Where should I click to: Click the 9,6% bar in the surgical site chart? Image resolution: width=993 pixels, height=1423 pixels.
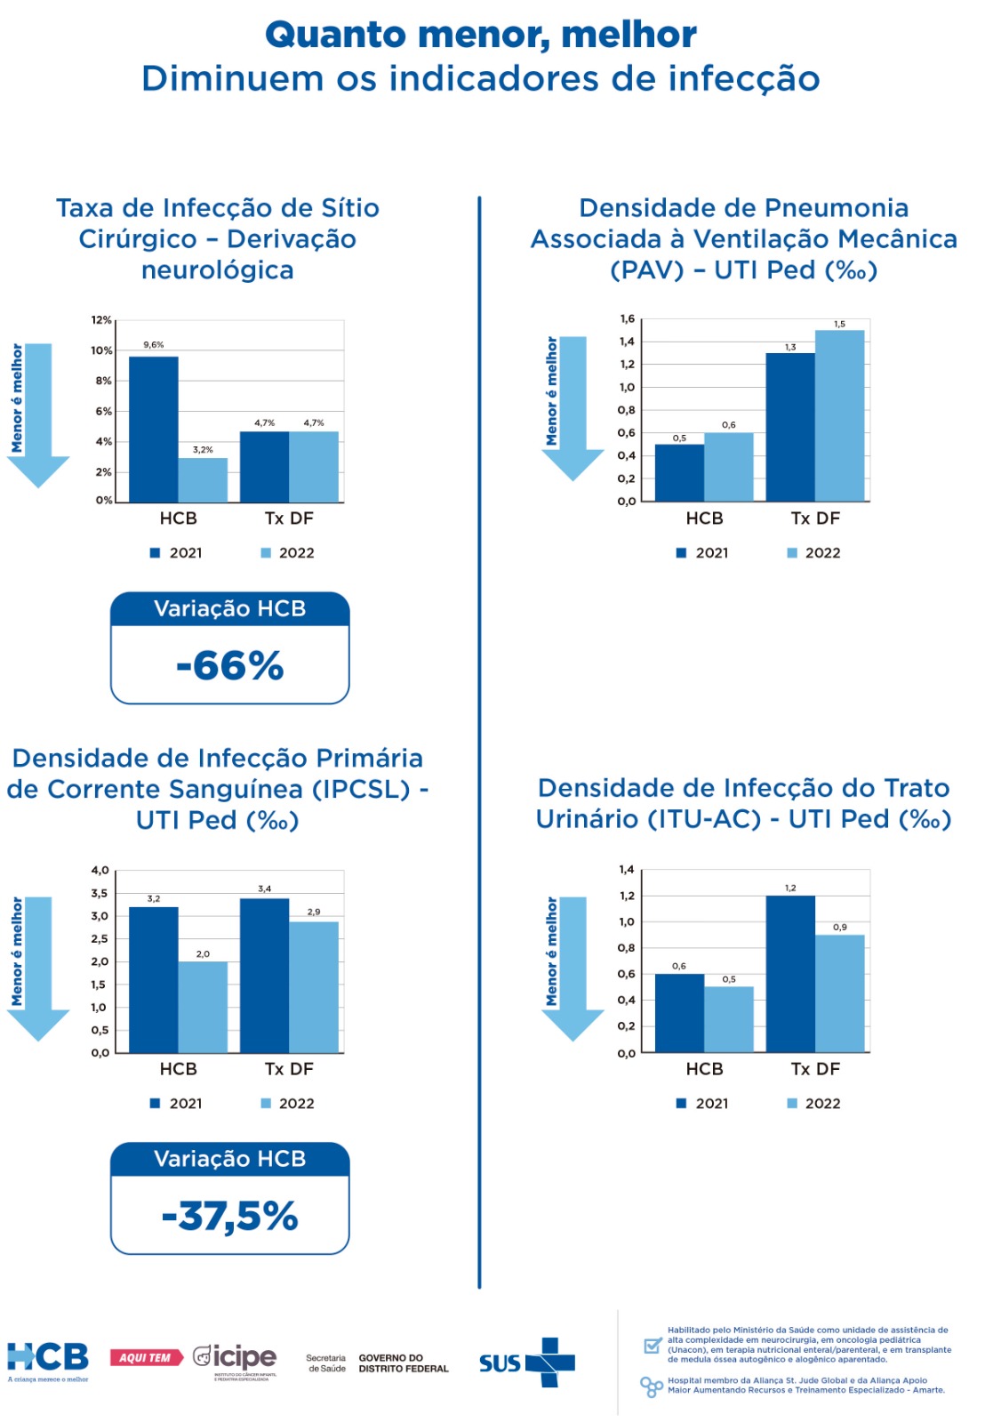tap(154, 429)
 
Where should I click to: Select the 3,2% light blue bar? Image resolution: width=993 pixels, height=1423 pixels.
tap(203, 479)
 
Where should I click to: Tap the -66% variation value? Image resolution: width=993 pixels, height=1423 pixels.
tap(230, 665)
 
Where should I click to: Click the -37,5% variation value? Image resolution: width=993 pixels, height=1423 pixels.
tap(230, 1216)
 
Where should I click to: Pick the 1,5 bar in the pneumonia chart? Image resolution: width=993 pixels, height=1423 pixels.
tap(839, 415)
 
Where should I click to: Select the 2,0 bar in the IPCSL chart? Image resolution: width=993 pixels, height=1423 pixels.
tap(203, 1007)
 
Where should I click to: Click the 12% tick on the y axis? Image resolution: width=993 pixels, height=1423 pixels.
tap(101, 320)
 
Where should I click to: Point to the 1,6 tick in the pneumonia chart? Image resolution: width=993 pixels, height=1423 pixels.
tap(628, 319)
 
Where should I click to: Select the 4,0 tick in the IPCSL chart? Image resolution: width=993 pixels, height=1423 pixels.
tap(100, 871)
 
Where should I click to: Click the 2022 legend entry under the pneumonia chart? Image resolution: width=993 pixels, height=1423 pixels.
tap(814, 553)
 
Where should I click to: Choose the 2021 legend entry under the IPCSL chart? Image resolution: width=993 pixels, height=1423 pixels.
tap(177, 1104)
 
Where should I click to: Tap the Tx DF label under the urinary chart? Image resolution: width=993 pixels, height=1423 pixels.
tap(815, 1069)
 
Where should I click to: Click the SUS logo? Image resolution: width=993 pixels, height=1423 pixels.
tap(526, 1363)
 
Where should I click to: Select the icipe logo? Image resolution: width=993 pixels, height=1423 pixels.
tap(236, 1359)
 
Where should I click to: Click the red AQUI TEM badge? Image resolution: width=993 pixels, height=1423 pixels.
tap(146, 1358)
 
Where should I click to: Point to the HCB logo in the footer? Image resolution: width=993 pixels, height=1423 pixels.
tap(48, 1359)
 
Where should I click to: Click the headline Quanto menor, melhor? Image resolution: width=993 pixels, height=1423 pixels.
tap(481, 36)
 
